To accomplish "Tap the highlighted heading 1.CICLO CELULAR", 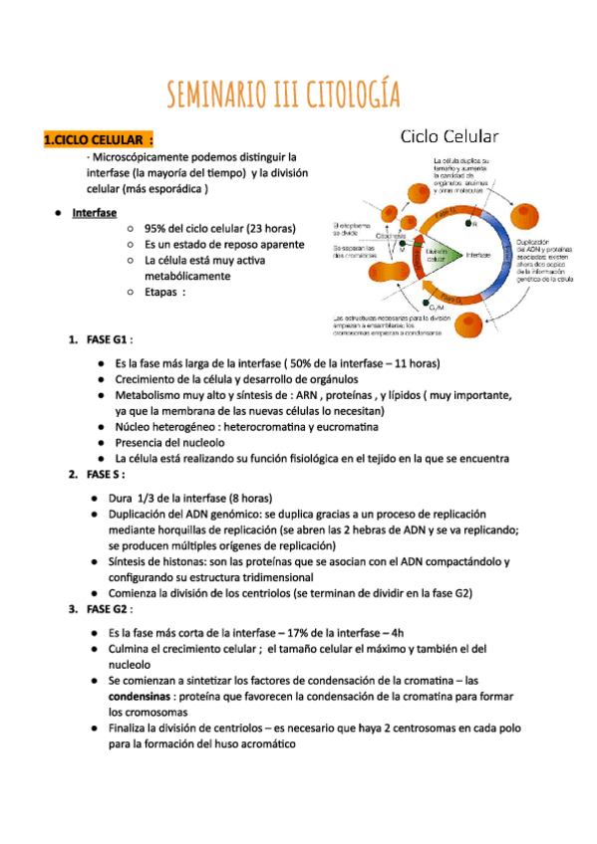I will tap(97, 141).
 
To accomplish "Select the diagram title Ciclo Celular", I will tap(449, 136).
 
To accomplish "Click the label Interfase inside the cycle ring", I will tap(478, 255).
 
